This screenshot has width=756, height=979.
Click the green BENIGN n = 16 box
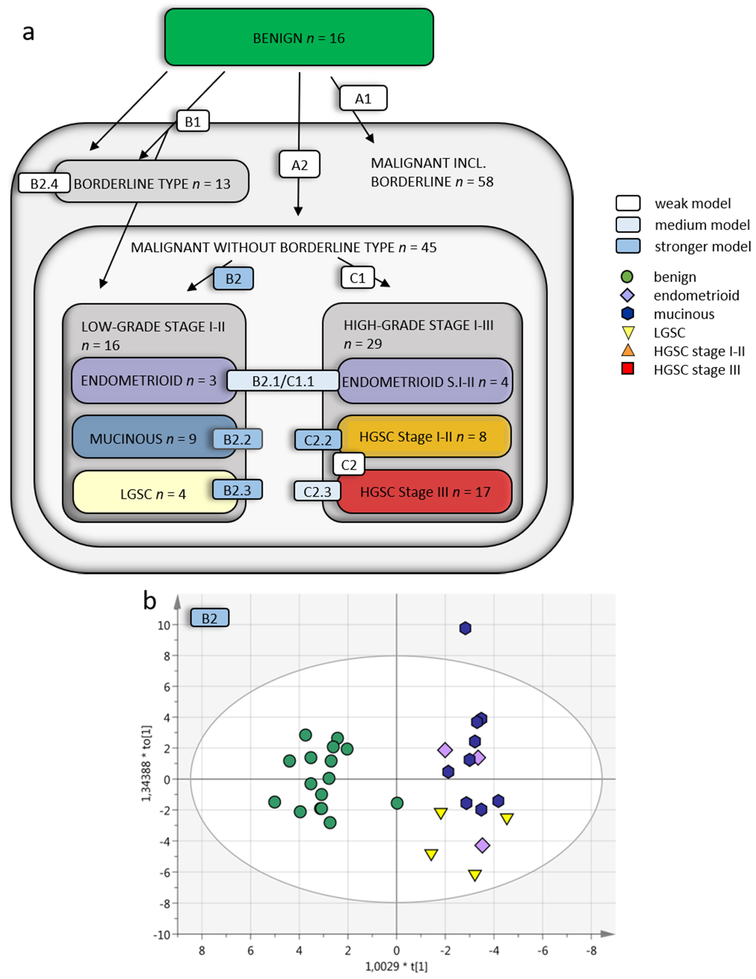299,38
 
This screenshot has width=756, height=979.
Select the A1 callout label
363,98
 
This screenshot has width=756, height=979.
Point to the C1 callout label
357,278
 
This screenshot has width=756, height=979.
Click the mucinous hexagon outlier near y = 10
465,628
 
